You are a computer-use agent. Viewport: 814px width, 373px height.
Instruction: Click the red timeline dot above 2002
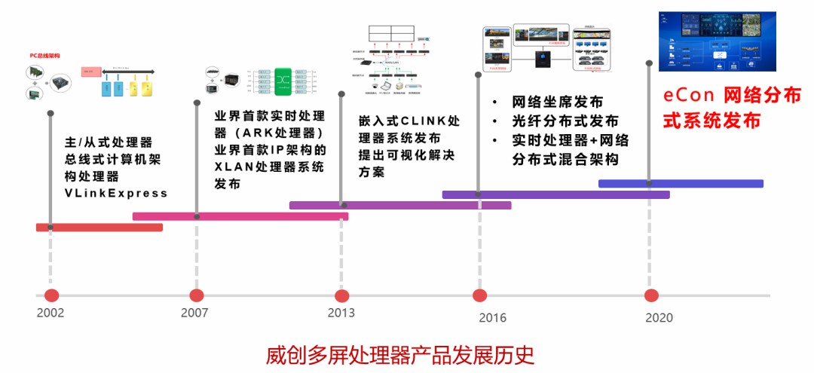(51, 295)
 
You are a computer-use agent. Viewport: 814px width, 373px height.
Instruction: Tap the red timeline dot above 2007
(197, 295)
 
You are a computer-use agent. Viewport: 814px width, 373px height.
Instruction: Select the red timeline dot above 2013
(342, 295)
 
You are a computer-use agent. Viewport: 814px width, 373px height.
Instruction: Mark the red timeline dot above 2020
(651, 295)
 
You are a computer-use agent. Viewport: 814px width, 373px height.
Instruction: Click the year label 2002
(50, 313)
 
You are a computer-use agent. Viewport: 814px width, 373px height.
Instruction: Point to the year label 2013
(341, 313)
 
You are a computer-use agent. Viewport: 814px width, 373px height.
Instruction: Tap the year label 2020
(659, 318)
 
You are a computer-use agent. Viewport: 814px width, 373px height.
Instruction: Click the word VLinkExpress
(116, 194)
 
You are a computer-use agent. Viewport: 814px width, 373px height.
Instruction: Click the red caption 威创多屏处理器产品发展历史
(400, 354)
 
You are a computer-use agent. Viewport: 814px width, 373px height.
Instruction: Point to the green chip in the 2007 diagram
(284, 81)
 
